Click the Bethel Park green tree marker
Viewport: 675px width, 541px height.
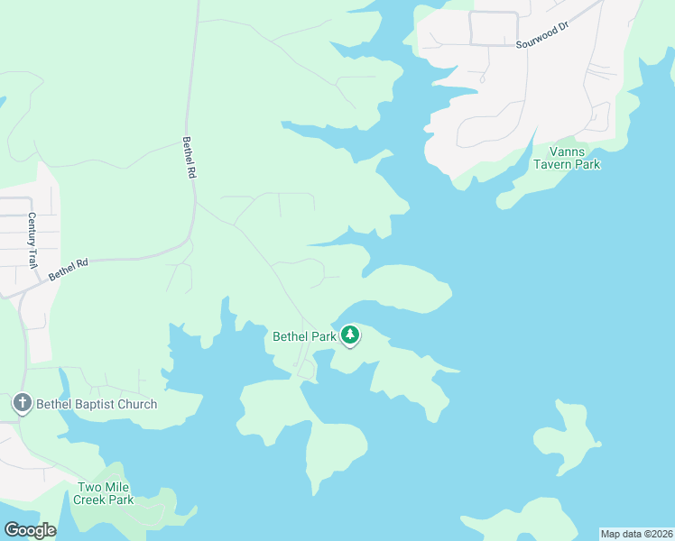(350, 336)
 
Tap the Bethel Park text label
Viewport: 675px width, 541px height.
(304, 337)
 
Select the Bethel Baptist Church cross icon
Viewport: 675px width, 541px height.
(23, 403)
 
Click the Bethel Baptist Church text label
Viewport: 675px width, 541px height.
(97, 404)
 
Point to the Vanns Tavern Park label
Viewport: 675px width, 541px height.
(567, 159)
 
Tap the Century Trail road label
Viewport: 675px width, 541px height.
(32, 240)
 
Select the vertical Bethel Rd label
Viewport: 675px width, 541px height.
(190, 158)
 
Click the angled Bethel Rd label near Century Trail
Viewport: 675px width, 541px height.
(69, 269)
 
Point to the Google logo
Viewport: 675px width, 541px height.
(30, 530)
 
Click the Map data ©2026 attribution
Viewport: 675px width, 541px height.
(636, 533)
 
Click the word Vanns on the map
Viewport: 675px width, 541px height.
(567, 152)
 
